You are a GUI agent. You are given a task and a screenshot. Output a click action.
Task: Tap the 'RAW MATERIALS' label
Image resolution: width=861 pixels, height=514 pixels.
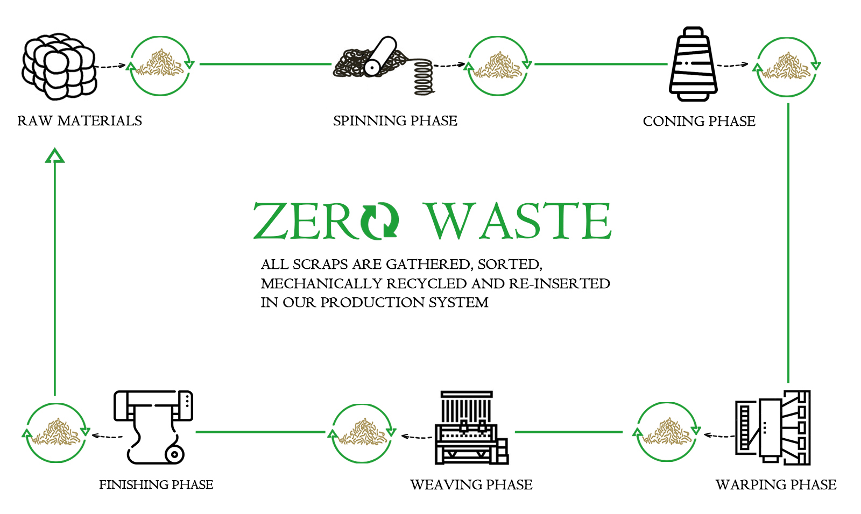[x=80, y=121]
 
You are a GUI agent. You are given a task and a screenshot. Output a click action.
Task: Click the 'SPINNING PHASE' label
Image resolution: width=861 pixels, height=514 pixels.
[x=395, y=121]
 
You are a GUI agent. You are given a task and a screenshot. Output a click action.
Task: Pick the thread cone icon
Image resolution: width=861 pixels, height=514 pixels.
[x=693, y=65]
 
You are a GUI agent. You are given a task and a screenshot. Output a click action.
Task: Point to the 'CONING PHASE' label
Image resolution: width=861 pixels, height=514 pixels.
[x=699, y=122]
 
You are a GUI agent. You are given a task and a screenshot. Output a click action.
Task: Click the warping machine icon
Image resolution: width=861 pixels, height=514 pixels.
[x=773, y=427]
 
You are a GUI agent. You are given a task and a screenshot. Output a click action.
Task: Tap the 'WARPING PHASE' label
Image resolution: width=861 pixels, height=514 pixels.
[x=775, y=485]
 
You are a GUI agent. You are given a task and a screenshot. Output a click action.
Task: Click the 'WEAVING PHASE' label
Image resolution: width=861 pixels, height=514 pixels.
[x=471, y=485]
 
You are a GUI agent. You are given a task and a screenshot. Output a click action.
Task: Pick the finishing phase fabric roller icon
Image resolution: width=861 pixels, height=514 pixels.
[x=154, y=427]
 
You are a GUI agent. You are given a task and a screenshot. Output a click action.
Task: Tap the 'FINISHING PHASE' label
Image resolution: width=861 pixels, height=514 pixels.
[x=156, y=485]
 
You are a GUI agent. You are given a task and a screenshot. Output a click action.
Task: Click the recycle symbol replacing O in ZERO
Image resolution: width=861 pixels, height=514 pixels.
[x=380, y=221]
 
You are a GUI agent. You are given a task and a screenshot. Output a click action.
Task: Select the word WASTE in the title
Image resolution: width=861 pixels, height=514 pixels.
[x=518, y=221]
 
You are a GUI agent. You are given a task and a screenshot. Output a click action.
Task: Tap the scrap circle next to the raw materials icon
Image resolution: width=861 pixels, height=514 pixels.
[x=160, y=66]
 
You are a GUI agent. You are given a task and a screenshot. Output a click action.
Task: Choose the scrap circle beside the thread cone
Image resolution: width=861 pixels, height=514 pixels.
[x=786, y=67]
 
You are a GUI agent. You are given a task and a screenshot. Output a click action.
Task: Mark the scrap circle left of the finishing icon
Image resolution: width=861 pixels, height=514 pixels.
[x=56, y=433]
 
